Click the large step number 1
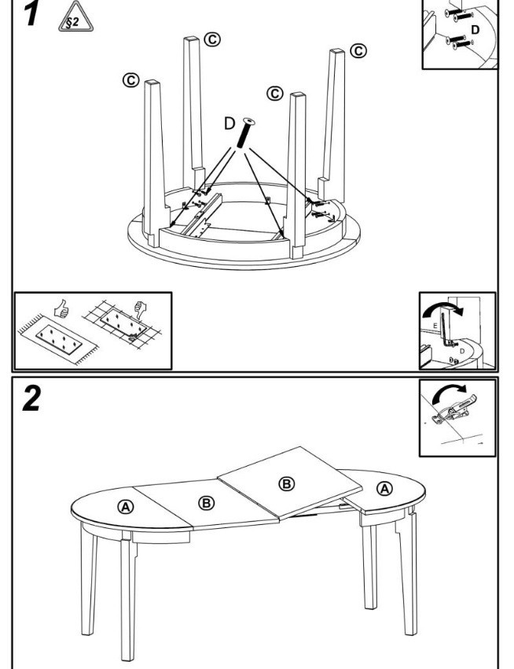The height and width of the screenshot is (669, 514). [x=30, y=13]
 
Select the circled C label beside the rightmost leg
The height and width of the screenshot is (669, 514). [x=358, y=51]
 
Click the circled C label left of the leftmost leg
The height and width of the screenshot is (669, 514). [x=130, y=80]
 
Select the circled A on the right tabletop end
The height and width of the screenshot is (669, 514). [x=384, y=489]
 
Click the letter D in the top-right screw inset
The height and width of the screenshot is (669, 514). [x=474, y=28]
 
